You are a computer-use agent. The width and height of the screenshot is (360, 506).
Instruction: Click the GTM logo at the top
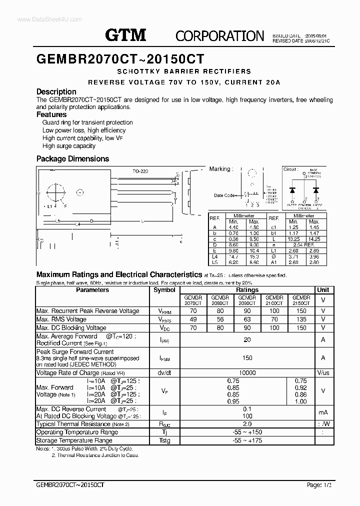pos(125,35)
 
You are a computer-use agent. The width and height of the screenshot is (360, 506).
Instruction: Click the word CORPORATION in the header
pos(219,35)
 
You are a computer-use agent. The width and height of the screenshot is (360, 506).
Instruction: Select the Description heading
pos(56,91)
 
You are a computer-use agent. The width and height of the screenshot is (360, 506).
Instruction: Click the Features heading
pos(51,114)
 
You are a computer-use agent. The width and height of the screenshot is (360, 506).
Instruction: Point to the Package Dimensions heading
pos(72,158)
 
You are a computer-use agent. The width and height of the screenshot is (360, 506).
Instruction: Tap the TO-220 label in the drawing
pos(140,171)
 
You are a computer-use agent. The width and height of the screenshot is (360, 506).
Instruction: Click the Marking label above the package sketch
pos(220,169)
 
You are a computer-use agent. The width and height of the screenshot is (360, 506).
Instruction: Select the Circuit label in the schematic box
pos(290,169)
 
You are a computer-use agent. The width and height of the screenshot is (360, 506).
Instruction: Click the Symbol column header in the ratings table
pos(164,290)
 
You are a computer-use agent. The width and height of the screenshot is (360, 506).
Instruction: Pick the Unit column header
pos(323,290)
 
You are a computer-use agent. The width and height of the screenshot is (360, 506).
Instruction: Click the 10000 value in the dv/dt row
pos(247,373)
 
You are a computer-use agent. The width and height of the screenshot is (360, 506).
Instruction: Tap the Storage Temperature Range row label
pos(74,440)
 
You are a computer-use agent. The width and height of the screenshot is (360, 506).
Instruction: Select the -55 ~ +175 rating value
pos(247,440)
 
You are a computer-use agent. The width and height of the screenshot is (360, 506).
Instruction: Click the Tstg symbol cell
pos(164,440)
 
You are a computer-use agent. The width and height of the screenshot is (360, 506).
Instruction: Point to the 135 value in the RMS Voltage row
pos(301,319)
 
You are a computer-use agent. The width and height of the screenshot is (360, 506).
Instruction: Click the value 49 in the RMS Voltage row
pos(193,319)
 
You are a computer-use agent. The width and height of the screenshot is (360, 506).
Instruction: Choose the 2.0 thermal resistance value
pos(247,424)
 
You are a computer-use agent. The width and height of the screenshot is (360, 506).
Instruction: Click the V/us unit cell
pos(323,373)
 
